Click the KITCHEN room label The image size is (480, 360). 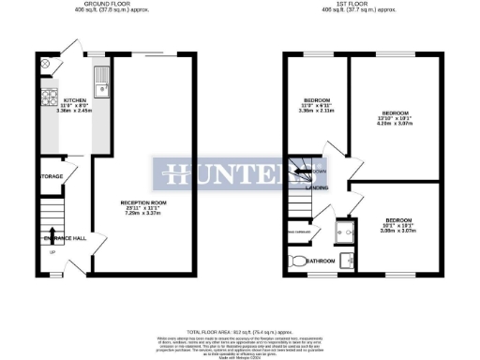pos(74,99)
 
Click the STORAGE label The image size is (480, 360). pos(51,176)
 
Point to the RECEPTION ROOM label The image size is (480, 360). pos(143,202)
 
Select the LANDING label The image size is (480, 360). pos(317,188)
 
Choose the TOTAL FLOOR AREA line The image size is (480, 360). pos(240,332)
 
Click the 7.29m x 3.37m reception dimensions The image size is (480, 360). pos(143,214)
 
